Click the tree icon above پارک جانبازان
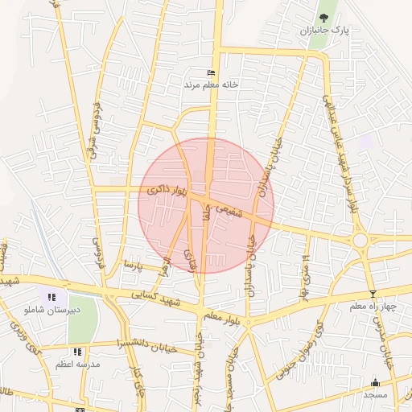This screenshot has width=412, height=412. click(323, 17)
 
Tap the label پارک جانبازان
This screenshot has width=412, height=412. click(328, 31)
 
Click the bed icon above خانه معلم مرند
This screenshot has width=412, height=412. click(212, 72)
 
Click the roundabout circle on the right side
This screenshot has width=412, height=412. click(360, 240)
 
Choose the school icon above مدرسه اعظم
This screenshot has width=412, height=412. click(77, 352)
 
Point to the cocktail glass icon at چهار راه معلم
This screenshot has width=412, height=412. click(372, 294)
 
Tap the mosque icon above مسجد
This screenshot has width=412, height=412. click(375, 382)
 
